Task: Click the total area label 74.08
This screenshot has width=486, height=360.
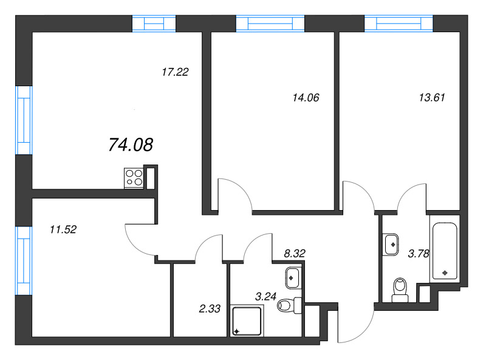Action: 131,144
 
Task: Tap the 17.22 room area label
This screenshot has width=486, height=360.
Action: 175,72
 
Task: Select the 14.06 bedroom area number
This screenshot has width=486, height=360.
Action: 306,98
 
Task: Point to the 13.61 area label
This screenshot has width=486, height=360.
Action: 432,98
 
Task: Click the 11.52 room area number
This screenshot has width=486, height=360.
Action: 63,229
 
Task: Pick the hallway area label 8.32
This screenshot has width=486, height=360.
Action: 295,253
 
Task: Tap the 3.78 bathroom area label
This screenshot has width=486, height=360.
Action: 419,254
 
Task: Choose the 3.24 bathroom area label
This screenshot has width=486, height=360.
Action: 265,296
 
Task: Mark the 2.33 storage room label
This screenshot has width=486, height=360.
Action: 210,308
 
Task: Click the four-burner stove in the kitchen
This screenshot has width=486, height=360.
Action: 134,178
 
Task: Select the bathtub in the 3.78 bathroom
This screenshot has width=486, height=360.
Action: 445,251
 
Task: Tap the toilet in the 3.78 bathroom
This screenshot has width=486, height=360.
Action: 400,290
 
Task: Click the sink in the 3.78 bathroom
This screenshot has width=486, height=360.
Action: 391,245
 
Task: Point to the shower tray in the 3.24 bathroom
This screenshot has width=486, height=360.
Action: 247,321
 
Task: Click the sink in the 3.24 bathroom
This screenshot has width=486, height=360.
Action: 293,277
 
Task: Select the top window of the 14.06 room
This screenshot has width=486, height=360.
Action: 270,24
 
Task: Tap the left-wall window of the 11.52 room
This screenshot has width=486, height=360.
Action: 24,260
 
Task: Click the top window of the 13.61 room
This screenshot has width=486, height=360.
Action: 399,24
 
